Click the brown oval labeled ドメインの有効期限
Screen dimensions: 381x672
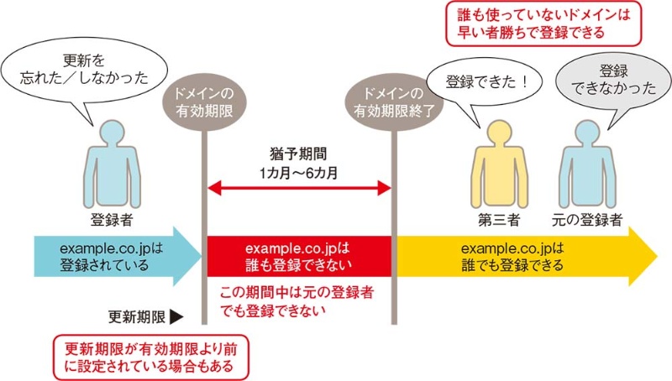click(x=203, y=100)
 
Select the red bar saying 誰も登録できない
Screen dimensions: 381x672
click(x=299, y=256)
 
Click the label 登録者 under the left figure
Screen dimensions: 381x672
click(x=110, y=222)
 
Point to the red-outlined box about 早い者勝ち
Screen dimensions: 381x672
click(x=537, y=24)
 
